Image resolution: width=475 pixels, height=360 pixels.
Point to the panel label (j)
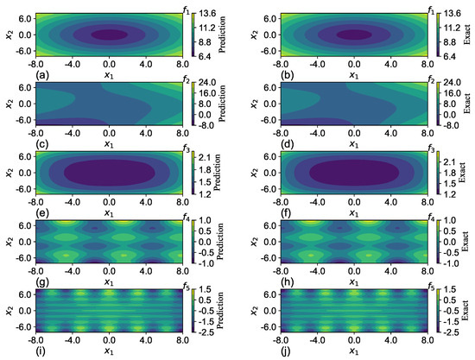255,352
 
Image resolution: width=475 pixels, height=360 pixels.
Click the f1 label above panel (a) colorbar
188,8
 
